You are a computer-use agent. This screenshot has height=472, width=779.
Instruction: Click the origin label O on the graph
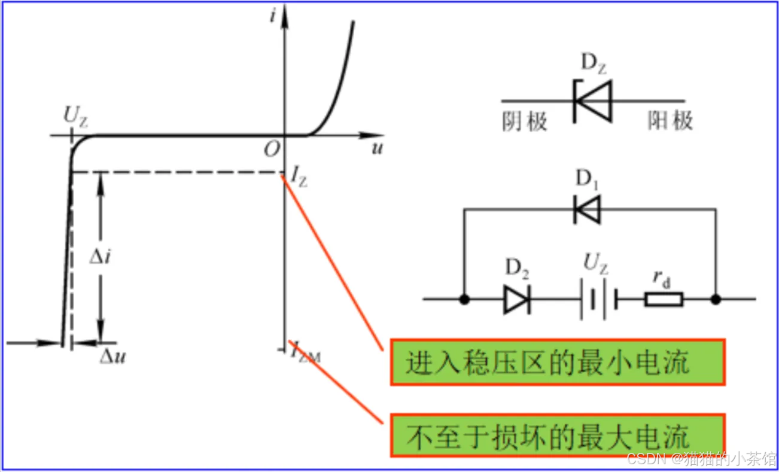(272, 150)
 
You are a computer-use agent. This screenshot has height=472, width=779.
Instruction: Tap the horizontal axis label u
(376, 149)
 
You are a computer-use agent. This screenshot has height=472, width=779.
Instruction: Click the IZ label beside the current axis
(299, 176)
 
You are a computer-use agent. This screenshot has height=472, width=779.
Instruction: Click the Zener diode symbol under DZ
(593, 101)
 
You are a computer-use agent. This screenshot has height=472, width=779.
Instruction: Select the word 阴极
(525, 121)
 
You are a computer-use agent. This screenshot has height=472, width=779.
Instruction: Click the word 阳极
(671, 121)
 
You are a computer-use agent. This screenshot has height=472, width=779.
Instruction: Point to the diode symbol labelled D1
(587, 209)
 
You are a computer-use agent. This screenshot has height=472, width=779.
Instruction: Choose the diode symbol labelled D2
(516, 299)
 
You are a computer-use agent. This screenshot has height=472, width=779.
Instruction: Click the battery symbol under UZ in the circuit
(597, 299)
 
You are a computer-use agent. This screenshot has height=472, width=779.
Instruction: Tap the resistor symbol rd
(664, 299)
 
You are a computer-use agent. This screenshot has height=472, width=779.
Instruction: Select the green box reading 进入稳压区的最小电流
(557, 362)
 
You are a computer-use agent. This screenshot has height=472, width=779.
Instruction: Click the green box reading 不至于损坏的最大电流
(557, 435)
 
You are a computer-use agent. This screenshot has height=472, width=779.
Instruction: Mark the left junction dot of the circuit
(464, 299)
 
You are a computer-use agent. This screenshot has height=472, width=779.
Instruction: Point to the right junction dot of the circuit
(716, 299)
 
